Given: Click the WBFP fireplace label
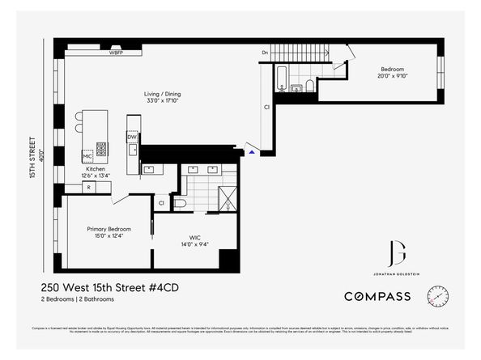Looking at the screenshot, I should (117, 51).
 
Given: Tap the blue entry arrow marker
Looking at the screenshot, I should (252, 151).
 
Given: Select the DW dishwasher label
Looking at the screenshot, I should (131, 138).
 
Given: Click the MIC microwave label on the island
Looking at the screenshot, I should (87, 155).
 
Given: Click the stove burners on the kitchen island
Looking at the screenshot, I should (102, 150).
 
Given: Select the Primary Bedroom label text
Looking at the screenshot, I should (109, 229).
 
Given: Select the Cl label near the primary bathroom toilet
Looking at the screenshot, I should (161, 202).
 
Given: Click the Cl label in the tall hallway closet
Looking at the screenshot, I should (266, 106).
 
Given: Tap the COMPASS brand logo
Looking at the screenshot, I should (377, 297).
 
